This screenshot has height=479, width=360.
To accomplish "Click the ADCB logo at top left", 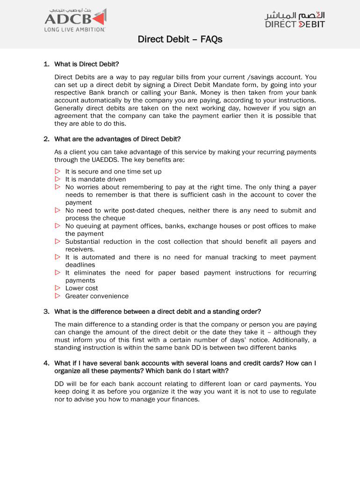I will [75, 19].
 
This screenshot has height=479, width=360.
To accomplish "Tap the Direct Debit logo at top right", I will [295, 20].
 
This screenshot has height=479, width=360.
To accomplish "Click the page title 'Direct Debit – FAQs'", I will [180, 39].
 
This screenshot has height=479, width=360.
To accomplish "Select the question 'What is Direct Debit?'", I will [87, 64].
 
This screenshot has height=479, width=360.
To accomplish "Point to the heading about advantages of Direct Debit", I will [117, 139].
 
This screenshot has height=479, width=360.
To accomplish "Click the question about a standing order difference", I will [158, 312].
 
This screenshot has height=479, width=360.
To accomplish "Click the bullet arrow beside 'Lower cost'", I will [58, 288].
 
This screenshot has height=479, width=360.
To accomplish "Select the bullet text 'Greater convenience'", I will [97, 296].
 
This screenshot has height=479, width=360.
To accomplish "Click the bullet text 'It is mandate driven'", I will [95, 179].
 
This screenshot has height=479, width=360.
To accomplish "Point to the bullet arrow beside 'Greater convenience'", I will [58, 296].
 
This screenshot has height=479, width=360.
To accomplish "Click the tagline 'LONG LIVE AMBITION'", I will [75, 29].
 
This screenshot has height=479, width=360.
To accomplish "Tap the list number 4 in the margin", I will [46, 363].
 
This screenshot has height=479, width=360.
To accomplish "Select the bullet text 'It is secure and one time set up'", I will [113, 172].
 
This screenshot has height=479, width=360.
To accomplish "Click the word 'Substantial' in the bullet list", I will [82, 242].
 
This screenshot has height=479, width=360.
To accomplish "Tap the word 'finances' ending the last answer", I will [185, 399].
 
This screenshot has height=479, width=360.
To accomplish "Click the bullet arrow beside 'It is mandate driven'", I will [58, 179].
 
